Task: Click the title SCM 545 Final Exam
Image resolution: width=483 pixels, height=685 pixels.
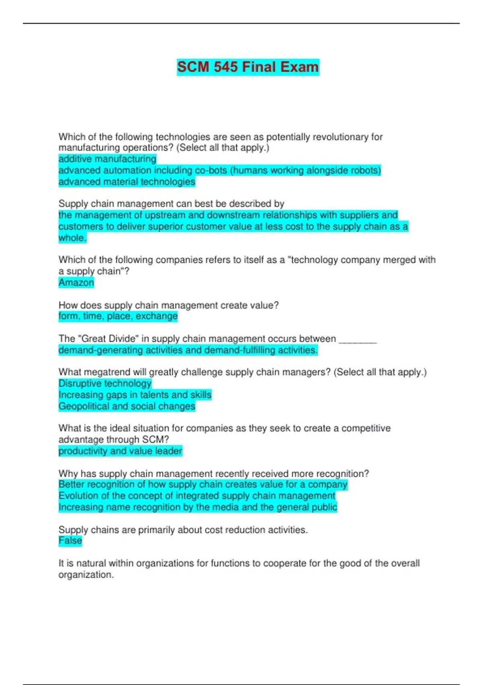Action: (248, 67)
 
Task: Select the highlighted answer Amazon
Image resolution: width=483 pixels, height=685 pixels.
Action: (76, 282)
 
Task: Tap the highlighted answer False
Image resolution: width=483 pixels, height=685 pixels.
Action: (70, 541)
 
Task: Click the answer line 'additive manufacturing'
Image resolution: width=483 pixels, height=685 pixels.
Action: (107, 159)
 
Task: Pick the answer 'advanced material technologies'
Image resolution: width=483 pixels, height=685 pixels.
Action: (127, 182)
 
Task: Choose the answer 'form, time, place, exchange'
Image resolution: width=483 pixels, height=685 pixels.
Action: (118, 316)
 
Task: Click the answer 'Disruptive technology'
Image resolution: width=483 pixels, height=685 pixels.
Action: (105, 383)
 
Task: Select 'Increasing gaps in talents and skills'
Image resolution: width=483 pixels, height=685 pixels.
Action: (135, 395)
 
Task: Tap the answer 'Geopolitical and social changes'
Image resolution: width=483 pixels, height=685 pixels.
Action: (127, 406)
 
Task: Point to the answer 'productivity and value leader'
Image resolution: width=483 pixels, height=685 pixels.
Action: (120, 451)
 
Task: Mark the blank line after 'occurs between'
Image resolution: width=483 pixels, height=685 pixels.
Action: (358, 339)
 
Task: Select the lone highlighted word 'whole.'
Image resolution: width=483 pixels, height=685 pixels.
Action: (72, 238)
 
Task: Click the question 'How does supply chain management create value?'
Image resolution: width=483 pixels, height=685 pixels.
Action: (169, 305)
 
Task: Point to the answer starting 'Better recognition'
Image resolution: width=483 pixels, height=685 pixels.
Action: (203, 484)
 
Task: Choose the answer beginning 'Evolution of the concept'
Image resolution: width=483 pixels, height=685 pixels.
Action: (197, 496)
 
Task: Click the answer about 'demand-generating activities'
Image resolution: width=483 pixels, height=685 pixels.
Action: (188, 350)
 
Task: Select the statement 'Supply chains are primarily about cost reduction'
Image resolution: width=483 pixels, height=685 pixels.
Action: (183, 530)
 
